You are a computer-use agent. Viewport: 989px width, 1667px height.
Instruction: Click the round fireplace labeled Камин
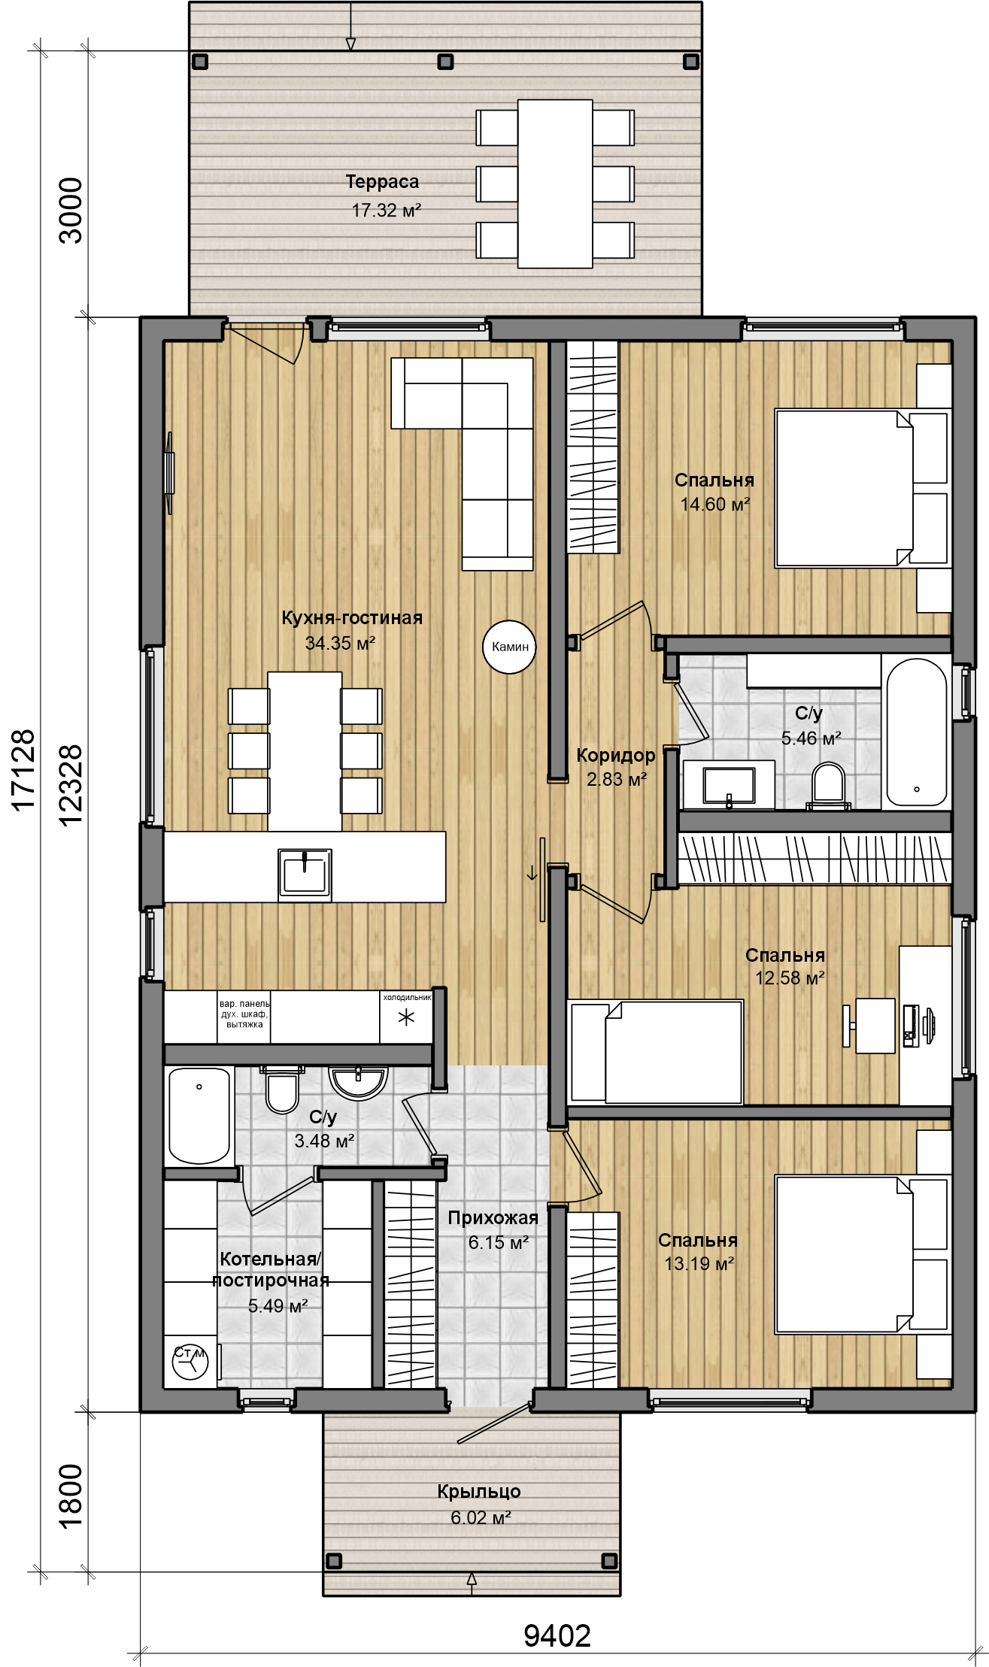pos(510,647)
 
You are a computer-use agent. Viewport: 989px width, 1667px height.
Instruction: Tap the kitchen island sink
pos(305,874)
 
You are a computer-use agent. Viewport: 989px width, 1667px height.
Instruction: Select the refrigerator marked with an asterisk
pos(406,1017)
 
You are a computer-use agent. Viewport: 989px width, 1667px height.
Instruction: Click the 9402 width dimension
pos(557,1635)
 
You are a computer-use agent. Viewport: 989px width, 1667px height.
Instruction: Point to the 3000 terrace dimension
pos(71,211)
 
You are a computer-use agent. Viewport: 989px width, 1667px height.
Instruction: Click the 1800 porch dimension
pos(71,1496)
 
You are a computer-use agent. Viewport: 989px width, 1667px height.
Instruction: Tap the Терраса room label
pos(382,181)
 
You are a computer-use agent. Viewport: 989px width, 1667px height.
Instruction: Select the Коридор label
pos(616,755)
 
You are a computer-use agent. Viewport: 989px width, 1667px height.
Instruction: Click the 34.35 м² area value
pos(340,643)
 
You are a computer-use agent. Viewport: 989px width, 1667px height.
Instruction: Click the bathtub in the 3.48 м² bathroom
pos(199,1116)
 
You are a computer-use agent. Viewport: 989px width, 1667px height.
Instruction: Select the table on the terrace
pos(555,183)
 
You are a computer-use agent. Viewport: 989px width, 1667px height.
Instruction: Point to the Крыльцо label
pos(479,1491)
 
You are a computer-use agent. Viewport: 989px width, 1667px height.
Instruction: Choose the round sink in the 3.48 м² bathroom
pos(359,1084)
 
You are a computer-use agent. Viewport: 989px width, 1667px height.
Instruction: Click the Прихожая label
pos(493,1218)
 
